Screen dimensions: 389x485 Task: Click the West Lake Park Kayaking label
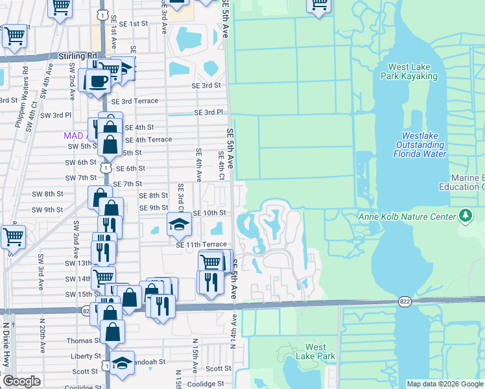[412, 71]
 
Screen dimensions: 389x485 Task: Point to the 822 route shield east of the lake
[404, 301]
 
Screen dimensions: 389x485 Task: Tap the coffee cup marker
[97, 82]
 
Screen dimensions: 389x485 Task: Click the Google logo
[21, 381]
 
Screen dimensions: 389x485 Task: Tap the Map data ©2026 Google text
[444, 384]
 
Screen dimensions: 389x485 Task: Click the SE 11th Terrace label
[201, 244]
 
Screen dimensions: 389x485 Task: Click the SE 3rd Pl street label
[209, 112]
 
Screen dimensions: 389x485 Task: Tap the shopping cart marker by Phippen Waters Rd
[14, 36]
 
